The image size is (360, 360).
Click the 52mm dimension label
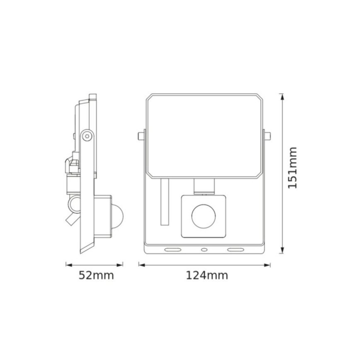pos(96,275)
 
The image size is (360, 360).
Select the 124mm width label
pos(204,275)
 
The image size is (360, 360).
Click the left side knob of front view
pos(141,136)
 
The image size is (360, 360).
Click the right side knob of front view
pos(267,136)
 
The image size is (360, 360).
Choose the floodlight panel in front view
pos(204,135)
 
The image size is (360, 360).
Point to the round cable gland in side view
pos(73,204)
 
